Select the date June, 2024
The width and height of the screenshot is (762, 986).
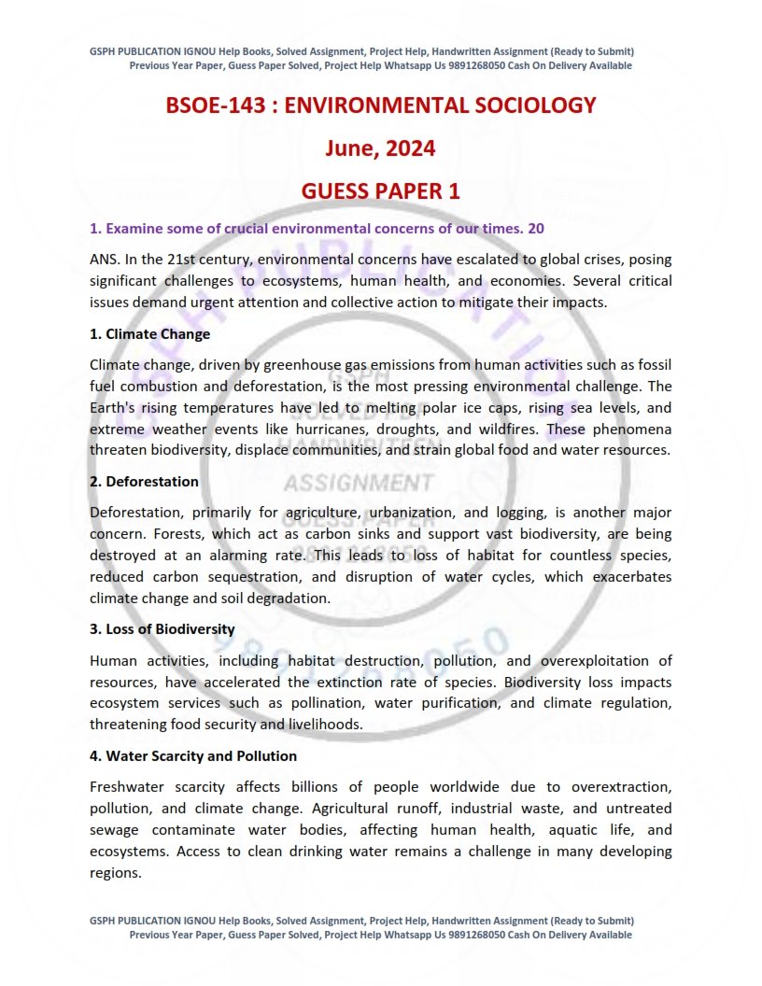(x=380, y=148)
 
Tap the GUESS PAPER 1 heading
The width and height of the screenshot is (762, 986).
(x=380, y=191)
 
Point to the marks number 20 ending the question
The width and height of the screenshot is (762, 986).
(x=536, y=228)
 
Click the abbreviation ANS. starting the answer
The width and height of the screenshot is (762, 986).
(x=105, y=259)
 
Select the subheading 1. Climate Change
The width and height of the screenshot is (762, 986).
(x=150, y=334)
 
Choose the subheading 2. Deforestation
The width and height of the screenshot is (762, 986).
(x=145, y=482)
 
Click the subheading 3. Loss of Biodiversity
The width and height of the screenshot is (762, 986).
(x=162, y=629)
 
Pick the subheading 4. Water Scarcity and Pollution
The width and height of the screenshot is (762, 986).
(x=193, y=756)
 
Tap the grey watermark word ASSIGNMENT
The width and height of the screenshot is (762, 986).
(x=358, y=483)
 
